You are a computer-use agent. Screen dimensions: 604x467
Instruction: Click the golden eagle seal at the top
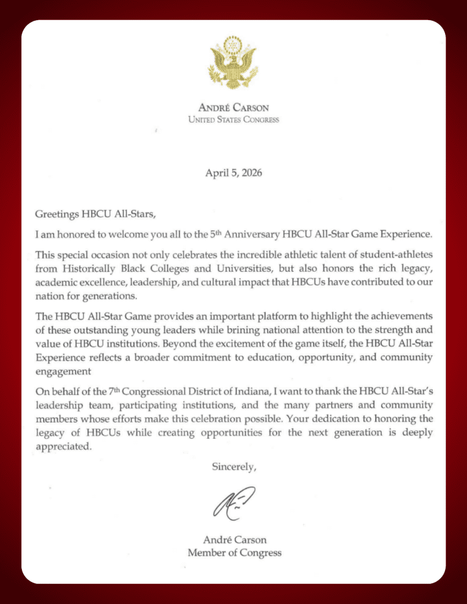pos(233,62)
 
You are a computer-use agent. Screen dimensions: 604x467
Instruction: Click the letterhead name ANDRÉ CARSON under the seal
pos(233,108)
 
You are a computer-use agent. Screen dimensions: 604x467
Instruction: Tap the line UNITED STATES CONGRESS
pos(233,120)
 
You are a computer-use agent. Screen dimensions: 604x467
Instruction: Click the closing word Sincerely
pos(233,467)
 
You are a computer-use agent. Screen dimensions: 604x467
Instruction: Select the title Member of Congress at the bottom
pos(233,552)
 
